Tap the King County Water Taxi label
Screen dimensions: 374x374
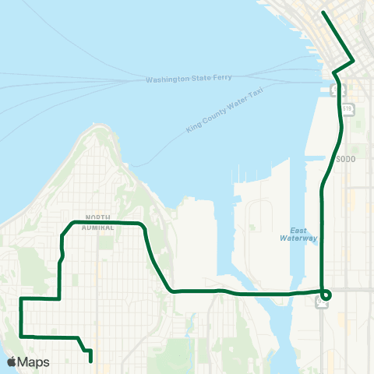225,111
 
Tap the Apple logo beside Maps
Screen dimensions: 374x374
12,362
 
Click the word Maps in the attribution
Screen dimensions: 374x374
34,362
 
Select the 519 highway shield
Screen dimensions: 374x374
348,108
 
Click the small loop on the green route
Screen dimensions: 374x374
325,295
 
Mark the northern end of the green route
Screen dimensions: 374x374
324,12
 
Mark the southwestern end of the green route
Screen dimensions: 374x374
91,361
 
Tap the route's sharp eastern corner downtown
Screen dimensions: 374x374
355,61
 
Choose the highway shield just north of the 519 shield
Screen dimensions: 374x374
333,90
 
